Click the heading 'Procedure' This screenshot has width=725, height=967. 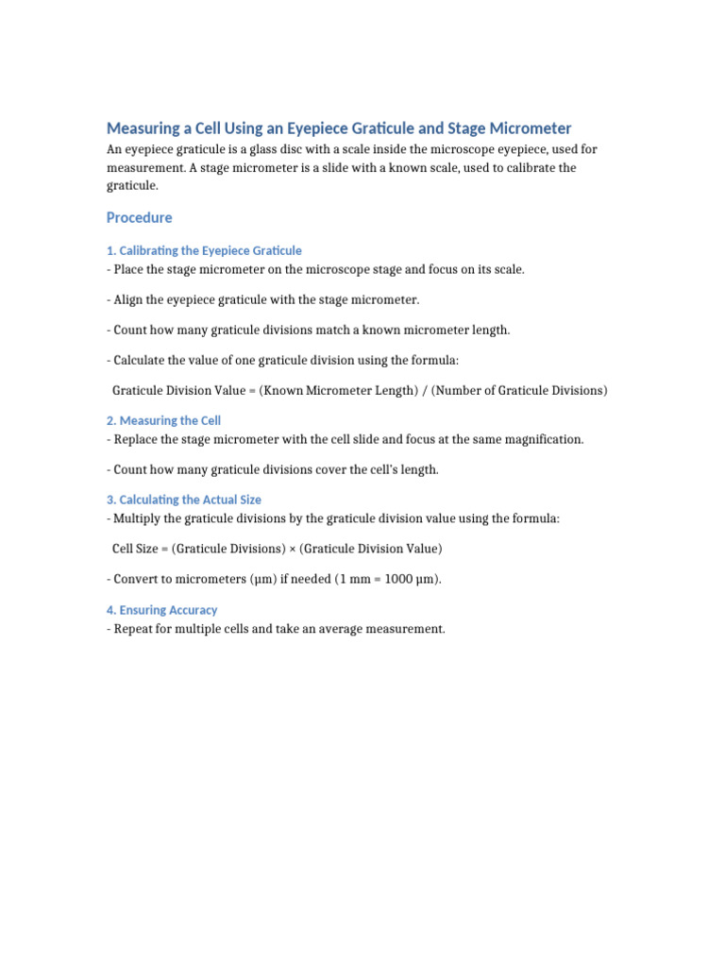pos(139,218)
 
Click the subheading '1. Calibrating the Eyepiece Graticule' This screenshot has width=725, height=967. pos(204,251)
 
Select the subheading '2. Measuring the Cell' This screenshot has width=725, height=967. pos(163,421)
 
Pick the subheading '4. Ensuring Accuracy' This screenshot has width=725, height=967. pos(161,611)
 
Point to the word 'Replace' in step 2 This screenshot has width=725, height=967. pos(137,440)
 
